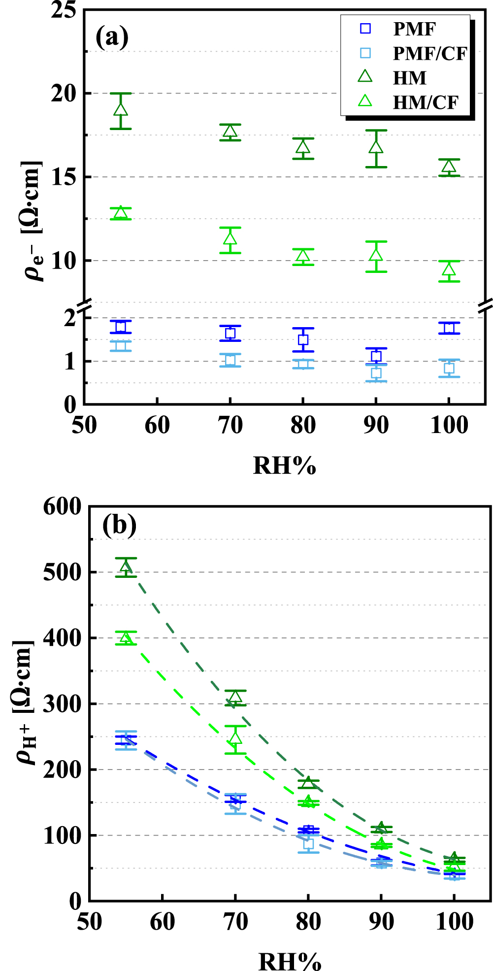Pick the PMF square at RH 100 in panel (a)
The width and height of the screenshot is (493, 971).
(449, 328)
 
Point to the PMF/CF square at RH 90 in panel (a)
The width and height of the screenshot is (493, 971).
(376, 373)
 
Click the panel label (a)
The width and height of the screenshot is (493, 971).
(112, 36)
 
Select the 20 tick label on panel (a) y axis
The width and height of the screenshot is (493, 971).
(64, 93)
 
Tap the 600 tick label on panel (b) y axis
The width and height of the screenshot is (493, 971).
(62, 507)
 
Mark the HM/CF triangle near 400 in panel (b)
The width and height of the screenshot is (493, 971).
(126, 638)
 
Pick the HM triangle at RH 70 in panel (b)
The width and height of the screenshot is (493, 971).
(235, 697)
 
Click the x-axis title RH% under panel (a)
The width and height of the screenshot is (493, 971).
(284, 466)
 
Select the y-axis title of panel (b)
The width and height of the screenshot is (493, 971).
(25, 703)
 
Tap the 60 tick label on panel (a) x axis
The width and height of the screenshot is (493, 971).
(157, 425)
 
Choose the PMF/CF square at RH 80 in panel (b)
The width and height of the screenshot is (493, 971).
(308, 843)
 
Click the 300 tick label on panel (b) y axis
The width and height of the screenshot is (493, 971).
(62, 704)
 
